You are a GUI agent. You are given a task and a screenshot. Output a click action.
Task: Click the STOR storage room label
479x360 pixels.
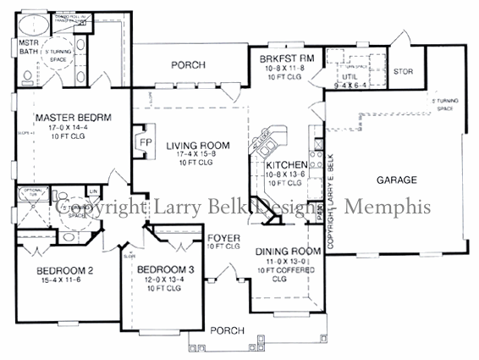pyautogui.click(x=404, y=71)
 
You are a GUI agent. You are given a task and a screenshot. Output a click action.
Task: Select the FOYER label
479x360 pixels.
pyautogui.click(x=225, y=237)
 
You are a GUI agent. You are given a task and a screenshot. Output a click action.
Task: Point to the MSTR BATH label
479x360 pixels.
pyautogui.click(x=29, y=45)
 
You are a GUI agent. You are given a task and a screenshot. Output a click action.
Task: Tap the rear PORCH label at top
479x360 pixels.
pyautogui.click(x=189, y=64)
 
